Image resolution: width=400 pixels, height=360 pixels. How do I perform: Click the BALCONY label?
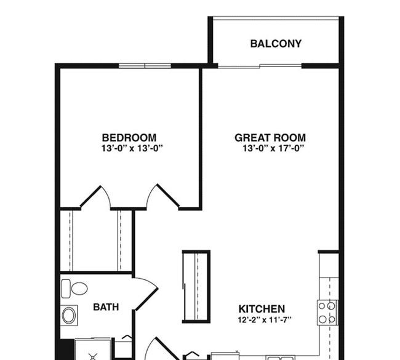(x=276, y=44)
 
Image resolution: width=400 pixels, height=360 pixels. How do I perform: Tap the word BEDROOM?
(x=129, y=138)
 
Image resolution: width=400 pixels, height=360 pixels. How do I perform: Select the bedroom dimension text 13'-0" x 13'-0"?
(x=132, y=148)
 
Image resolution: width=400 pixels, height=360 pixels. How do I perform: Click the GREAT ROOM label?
(x=270, y=138)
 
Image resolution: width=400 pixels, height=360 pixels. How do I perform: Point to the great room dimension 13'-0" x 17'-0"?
(x=273, y=148)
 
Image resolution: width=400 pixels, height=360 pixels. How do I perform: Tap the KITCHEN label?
(x=262, y=309)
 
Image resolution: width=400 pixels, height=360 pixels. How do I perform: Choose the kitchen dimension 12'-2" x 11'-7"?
(x=265, y=319)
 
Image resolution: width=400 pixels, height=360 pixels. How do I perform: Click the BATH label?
(x=106, y=307)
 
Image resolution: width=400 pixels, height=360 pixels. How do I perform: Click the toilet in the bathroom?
(x=74, y=289)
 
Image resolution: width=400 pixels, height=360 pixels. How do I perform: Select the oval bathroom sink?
(x=69, y=315)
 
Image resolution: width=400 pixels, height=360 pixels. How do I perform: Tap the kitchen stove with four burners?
(x=327, y=313)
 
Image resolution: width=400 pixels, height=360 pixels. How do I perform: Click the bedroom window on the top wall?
(x=145, y=66)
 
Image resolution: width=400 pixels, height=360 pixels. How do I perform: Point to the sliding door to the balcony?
(x=260, y=66)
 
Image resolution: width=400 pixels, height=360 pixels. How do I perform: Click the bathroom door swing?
(x=145, y=294)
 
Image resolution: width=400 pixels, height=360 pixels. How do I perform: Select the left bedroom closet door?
(x=95, y=197)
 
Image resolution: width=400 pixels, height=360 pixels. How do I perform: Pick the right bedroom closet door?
(x=162, y=196)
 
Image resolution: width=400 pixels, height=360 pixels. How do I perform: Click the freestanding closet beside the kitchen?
(x=196, y=287)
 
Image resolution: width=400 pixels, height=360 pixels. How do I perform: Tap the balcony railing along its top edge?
(x=276, y=18)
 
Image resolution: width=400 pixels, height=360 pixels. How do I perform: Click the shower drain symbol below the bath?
(x=93, y=356)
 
